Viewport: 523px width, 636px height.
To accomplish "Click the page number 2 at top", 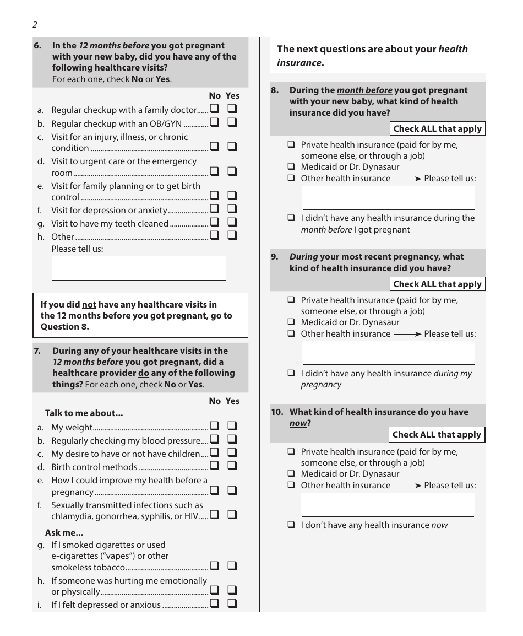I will [35, 25].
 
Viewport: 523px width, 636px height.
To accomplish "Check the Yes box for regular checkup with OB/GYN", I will [232, 122].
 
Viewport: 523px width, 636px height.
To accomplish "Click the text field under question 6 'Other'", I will [139, 268].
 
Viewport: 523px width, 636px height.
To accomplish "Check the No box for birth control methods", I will [214, 466].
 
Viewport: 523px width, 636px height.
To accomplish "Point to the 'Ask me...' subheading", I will [64, 533].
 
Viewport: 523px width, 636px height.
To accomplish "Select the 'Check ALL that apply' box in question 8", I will [438, 129].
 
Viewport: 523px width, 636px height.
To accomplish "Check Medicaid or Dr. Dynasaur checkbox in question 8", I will [291, 167].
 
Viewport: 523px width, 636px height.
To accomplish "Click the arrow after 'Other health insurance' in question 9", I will [407, 334].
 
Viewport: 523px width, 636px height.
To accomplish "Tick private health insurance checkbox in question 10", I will [291, 452].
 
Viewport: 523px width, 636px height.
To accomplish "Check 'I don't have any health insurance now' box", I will [291, 525].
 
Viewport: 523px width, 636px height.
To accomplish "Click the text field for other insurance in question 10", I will [388, 504].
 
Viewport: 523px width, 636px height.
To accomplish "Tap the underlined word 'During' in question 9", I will [303, 257].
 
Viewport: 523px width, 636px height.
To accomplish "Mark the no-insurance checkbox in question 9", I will [291, 374].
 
